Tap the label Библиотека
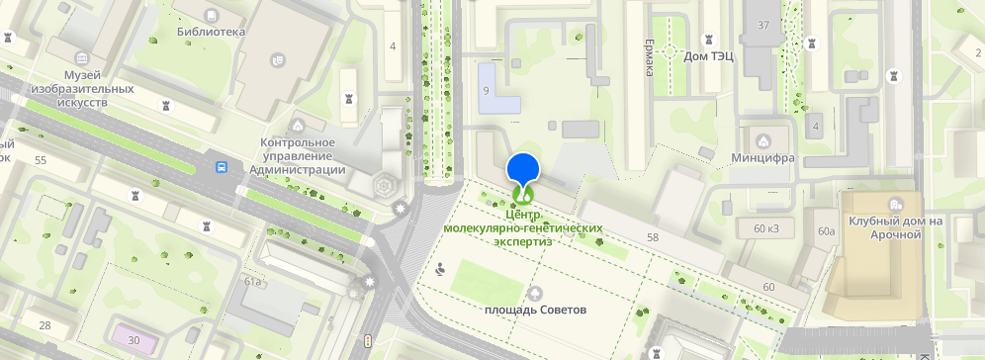point(211,32)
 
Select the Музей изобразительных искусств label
point(98,88)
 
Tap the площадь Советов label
point(535,310)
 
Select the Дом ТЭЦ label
point(708,56)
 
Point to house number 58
point(652,237)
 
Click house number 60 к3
point(766,229)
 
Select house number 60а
point(826,231)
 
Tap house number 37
point(762,25)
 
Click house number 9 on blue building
point(486,91)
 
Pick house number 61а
point(252,282)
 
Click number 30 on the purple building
point(134,340)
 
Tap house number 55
point(41,159)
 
